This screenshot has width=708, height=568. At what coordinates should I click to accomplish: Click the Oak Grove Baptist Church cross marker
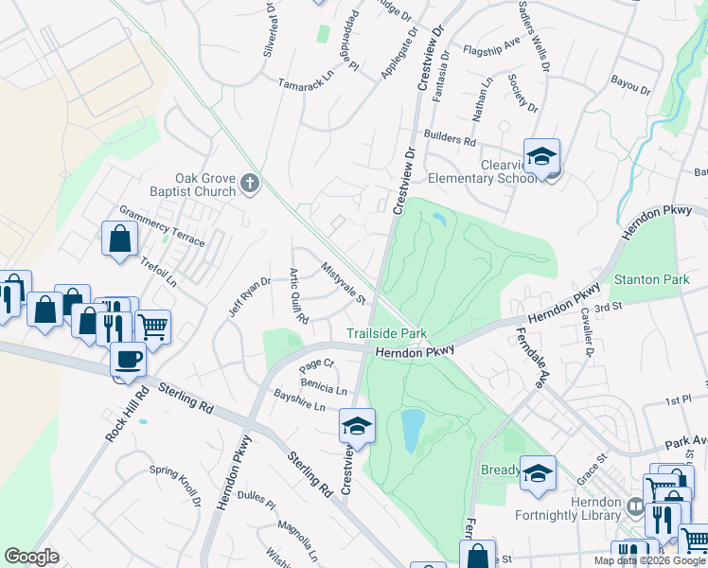[x=250, y=183]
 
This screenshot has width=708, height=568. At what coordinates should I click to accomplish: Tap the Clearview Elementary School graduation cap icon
[x=541, y=156]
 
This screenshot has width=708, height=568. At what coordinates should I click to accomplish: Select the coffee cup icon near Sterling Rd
[x=128, y=359]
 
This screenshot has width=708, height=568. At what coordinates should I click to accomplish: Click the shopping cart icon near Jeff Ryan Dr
[x=151, y=327]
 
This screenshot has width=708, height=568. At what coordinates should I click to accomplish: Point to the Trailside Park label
[x=386, y=334]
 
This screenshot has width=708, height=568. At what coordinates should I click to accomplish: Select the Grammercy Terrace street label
[x=161, y=226]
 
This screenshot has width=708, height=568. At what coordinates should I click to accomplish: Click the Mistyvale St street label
[x=344, y=284]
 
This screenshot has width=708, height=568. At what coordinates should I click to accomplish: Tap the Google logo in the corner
[x=31, y=557]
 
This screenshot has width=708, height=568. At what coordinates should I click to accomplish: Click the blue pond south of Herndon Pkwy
[x=413, y=431]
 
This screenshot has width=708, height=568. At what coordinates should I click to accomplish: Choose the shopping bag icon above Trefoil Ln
[x=120, y=239]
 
